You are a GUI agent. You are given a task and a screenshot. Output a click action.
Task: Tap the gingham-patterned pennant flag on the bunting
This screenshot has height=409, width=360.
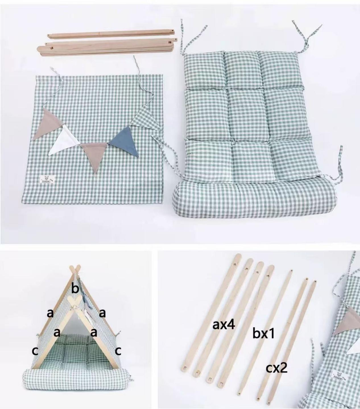(x=143, y=120)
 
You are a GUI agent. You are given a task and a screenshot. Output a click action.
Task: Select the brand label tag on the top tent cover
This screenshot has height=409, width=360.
(x=45, y=179)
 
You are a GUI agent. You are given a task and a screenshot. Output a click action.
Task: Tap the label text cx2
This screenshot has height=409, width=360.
(x=276, y=368)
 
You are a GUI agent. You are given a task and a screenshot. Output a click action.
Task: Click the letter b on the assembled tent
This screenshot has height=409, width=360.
(x=75, y=289)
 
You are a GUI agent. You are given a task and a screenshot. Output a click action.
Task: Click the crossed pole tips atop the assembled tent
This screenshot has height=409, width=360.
(x=76, y=269)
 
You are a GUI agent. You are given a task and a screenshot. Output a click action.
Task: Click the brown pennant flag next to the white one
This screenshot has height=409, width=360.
(x=47, y=123)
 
